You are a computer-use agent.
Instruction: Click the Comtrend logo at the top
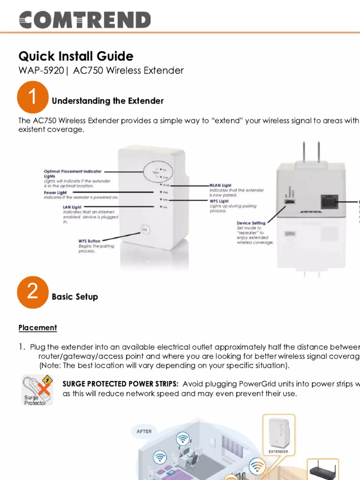(x=84, y=20)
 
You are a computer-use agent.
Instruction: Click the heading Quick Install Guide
(x=76, y=56)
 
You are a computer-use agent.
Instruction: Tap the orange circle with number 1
(x=32, y=97)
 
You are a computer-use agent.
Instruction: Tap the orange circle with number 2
(x=32, y=292)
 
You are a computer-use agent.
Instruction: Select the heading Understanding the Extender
(x=107, y=101)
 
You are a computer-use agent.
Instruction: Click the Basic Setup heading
(x=75, y=297)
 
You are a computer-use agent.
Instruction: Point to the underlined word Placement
(x=37, y=328)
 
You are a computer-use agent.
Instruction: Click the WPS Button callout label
(x=89, y=241)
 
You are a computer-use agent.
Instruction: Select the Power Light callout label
(x=55, y=193)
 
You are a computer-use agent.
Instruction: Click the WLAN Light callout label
(x=220, y=186)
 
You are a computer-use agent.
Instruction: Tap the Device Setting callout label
(x=251, y=223)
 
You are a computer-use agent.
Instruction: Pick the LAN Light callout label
(x=72, y=206)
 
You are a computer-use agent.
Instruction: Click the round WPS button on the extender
(x=145, y=230)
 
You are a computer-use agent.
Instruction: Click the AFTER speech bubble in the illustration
(x=144, y=431)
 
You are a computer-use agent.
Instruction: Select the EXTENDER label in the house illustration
(x=278, y=452)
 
